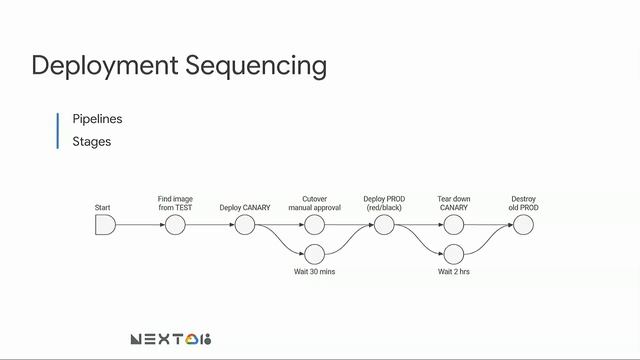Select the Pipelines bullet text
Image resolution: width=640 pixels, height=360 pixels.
[x=97, y=119]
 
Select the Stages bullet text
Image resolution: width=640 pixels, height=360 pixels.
[x=91, y=142]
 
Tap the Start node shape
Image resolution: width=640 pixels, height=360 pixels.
[x=105, y=225]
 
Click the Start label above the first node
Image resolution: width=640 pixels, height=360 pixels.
[x=103, y=208]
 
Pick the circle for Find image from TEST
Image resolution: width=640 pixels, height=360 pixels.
[x=175, y=225]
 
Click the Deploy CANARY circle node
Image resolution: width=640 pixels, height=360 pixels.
[x=245, y=225]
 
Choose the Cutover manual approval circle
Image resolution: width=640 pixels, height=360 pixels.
[x=315, y=225]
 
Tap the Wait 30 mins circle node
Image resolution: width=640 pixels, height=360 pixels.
[x=315, y=253]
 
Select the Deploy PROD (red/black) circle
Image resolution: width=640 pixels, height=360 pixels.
[x=385, y=225]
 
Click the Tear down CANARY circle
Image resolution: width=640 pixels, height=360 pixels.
[x=454, y=225]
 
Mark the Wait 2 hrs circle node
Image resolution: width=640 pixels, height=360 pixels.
[x=454, y=253]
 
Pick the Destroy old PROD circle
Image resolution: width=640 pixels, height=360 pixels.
[x=523, y=225]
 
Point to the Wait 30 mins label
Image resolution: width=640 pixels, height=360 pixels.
[x=315, y=271]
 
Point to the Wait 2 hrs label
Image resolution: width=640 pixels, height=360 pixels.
[x=454, y=271]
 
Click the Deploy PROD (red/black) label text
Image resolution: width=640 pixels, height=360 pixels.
[x=385, y=203]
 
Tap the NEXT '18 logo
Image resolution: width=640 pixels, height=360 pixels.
[x=171, y=339]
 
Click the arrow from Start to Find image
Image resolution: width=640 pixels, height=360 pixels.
[x=140, y=225]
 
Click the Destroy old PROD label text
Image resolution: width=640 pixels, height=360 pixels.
[x=523, y=203]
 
